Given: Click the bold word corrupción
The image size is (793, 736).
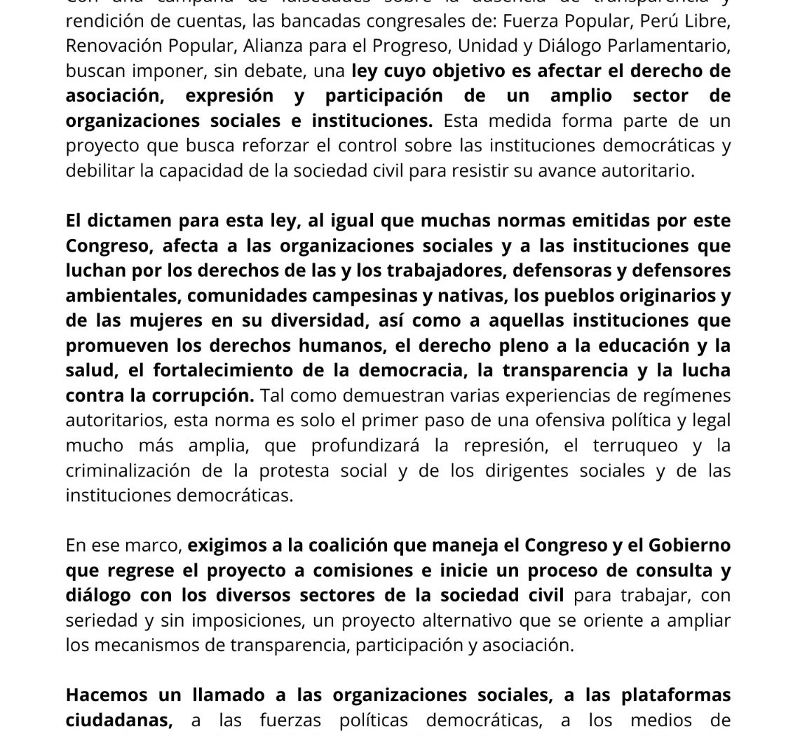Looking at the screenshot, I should click(x=202, y=395).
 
